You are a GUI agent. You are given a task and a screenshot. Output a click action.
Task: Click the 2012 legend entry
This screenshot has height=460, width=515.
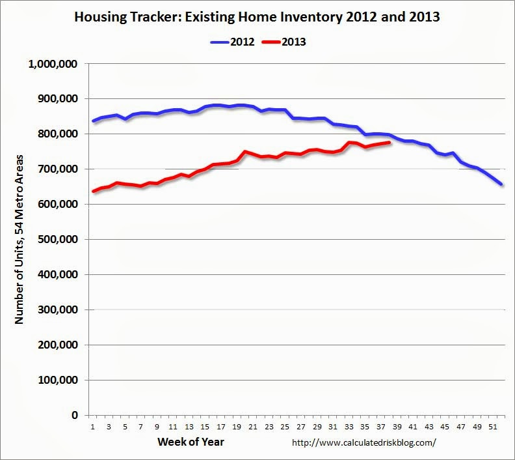pyautogui.click(x=233, y=42)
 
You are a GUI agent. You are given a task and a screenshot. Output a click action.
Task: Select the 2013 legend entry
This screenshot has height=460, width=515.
pyautogui.click(x=284, y=42)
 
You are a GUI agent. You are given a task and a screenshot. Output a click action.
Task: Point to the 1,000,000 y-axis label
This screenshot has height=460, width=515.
pyautogui.click(x=53, y=64)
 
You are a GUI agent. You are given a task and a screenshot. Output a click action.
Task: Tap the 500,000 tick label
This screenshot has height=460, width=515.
pyautogui.click(x=58, y=239)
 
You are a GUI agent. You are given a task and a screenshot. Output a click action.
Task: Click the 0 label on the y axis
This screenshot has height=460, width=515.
pyautogui.click(x=75, y=415)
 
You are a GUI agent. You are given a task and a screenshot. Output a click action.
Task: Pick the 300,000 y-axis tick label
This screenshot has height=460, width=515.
pyautogui.click(x=58, y=309)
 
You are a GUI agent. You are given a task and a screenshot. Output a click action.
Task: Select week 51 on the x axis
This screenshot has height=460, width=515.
pyautogui.click(x=493, y=427)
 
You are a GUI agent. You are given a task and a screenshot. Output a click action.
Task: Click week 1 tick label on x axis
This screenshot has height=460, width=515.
pyautogui.click(x=92, y=427)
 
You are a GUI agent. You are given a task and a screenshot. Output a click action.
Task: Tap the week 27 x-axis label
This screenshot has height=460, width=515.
pyautogui.click(x=301, y=427)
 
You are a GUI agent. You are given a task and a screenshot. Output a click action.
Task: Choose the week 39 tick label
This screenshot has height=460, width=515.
pyautogui.click(x=397, y=427)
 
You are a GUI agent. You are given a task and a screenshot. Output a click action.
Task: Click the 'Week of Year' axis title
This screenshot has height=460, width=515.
pyautogui.click(x=191, y=442)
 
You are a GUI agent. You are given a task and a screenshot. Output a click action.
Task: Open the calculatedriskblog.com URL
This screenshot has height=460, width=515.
pyautogui.click(x=364, y=442)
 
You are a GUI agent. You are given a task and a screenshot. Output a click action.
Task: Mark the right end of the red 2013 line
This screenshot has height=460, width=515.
pyautogui.click(x=390, y=143)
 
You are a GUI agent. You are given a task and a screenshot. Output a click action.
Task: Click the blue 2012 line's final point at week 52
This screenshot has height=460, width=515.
pyautogui.click(x=501, y=184)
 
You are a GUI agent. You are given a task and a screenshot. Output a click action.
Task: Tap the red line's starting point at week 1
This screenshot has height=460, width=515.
pyautogui.click(x=93, y=191)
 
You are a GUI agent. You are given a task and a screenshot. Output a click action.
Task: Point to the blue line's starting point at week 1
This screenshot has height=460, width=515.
pyautogui.click(x=93, y=121)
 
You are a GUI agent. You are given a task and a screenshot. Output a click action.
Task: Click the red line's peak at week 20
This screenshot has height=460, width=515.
pyautogui.click(x=244, y=152)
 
